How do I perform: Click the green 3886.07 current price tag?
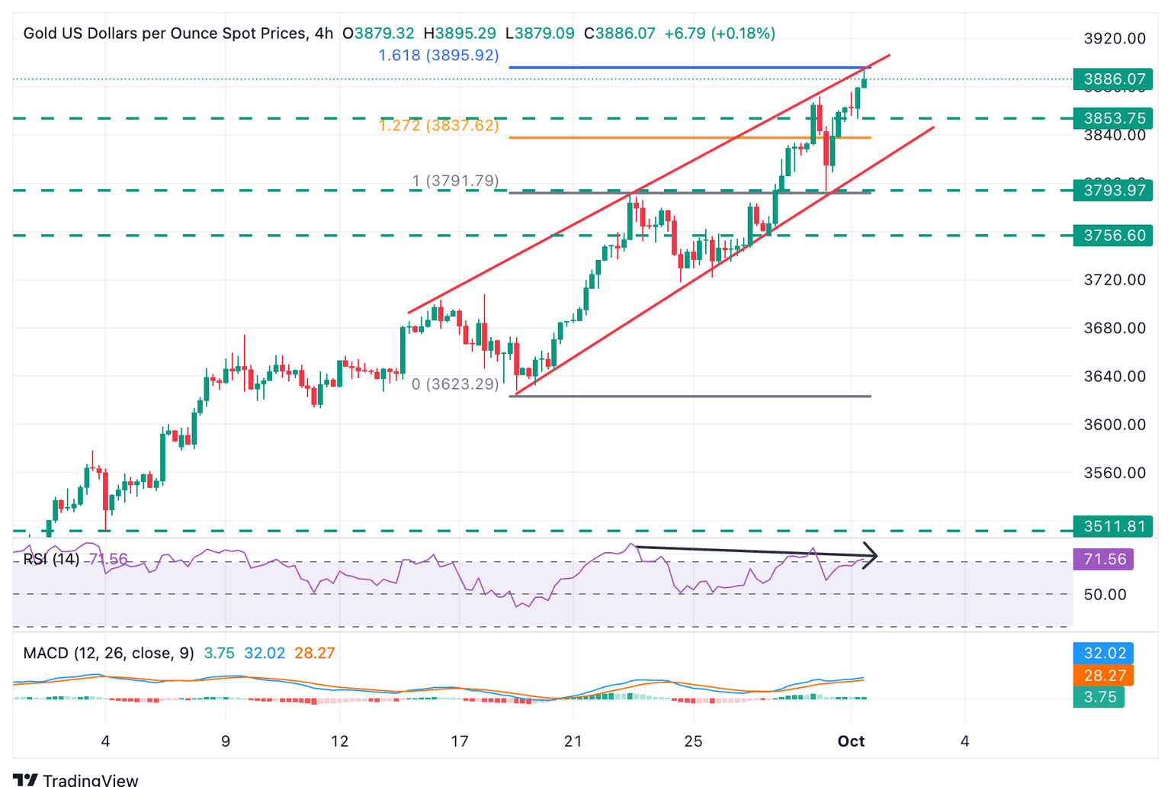click(x=1113, y=79)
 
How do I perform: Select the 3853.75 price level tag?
click(x=1113, y=118)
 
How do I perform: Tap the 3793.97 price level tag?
click(x=1113, y=190)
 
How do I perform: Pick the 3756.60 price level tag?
click(x=1113, y=236)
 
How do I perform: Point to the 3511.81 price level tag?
click(x=1113, y=526)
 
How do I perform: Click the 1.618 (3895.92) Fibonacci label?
click(x=438, y=56)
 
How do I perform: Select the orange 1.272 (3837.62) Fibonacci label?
click(x=438, y=126)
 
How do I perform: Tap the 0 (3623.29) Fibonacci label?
click(x=455, y=384)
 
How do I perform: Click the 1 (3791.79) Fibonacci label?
click(x=455, y=181)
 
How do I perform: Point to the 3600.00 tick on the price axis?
click(x=1115, y=425)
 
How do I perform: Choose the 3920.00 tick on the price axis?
click(x=1115, y=39)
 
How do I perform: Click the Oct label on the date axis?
click(x=851, y=741)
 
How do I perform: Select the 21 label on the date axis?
click(x=573, y=741)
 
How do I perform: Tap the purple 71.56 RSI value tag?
click(x=1104, y=560)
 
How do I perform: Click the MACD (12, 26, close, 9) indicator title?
click(x=108, y=654)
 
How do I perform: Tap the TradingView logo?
click(x=75, y=779)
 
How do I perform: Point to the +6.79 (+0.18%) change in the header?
click(x=720, y=34)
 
